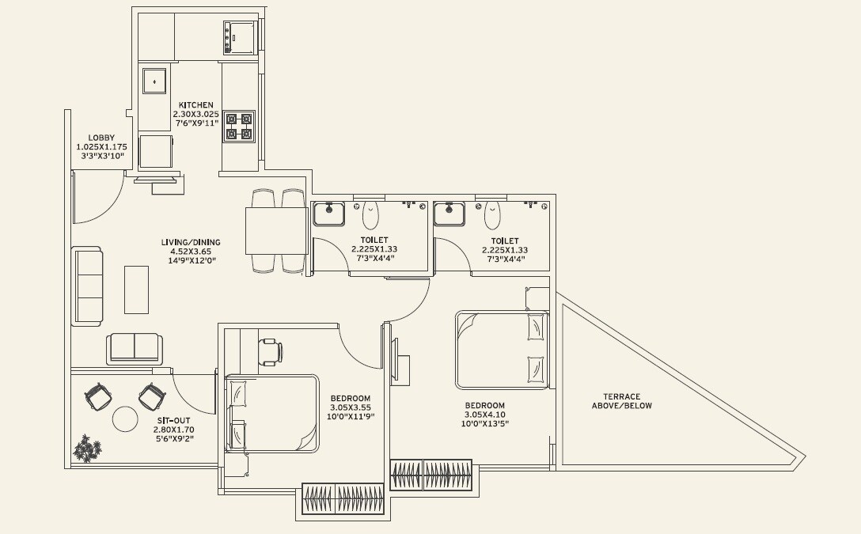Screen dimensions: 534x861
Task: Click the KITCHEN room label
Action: (195, 105)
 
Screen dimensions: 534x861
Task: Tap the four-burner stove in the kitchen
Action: (238, 127)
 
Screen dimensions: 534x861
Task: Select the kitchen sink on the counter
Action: (154, 80)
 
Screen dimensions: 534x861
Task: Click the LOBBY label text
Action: (101, 138)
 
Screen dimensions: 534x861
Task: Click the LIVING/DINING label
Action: (192, 243)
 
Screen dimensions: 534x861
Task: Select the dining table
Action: (276, 230)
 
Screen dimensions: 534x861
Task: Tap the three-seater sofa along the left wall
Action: (87, 286)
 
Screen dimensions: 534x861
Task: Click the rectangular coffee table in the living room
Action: (136, 289)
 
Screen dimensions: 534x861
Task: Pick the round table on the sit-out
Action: (125, 418)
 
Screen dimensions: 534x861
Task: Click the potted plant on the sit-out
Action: (87, 449)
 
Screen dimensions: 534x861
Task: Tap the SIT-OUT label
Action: (172, 421)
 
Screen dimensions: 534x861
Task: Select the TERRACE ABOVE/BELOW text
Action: (622, 401)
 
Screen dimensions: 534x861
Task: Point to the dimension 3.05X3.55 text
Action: (350, 407)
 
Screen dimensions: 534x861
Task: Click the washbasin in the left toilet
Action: (328, 214)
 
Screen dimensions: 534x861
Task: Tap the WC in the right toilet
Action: (492, 214)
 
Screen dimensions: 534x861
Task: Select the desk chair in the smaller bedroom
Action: (270, 351)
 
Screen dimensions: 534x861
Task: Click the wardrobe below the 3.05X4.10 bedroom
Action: (431, 475)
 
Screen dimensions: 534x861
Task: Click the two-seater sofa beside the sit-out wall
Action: (135, 348)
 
